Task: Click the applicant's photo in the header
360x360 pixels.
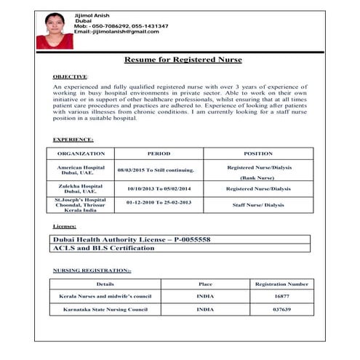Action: point(55,31)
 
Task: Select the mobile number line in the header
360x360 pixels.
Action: point(121,26)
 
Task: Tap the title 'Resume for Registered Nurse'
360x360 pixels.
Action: point(183,60)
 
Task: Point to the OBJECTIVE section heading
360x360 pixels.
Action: point(70,76)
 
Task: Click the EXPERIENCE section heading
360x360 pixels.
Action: point(73,139)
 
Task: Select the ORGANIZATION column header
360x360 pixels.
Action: point(81,153)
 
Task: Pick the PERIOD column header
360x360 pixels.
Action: point(159,153)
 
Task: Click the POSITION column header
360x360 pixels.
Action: point(258,153)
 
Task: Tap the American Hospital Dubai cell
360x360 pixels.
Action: point(81,169)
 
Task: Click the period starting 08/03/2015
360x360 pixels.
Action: point(156,170)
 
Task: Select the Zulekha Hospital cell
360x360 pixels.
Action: point(81,188)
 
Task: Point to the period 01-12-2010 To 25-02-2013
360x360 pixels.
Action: point(159,202)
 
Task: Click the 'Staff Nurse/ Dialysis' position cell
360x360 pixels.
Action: point(258,205)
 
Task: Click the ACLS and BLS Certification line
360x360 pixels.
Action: point(103,248)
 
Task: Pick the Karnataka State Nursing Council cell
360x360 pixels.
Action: point(104,310)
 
